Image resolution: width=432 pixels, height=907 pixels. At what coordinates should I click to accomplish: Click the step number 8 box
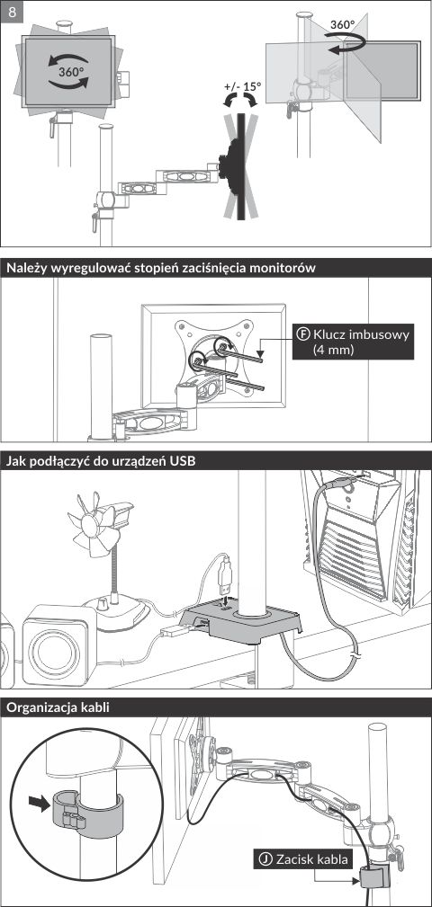(13, 12)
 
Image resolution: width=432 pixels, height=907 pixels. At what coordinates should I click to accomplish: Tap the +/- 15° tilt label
(243, 86)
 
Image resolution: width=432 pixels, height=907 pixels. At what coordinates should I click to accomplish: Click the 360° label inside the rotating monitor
(70, 72)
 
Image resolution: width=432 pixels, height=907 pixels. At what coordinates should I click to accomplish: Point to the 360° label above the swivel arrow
(342, 25)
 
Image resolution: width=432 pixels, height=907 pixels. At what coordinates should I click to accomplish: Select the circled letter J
(265, 859)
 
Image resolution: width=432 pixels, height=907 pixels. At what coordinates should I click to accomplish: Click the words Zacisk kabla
(311, 859)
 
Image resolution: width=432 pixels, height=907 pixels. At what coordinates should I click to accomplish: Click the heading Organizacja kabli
(58, 707)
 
